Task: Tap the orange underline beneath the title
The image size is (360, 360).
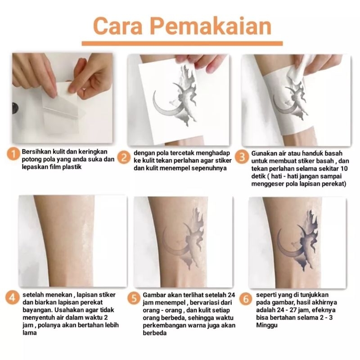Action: [182, 44]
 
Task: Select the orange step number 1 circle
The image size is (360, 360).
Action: [13, 154]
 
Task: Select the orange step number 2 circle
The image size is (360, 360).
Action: [124, 158]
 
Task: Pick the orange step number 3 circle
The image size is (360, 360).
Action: [242, 157]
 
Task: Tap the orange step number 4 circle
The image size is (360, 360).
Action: [12, 298]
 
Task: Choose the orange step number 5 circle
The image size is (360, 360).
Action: [134, 298]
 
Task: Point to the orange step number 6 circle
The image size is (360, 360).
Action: [246, 299]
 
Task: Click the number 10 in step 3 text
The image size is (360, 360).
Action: [344, 168]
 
